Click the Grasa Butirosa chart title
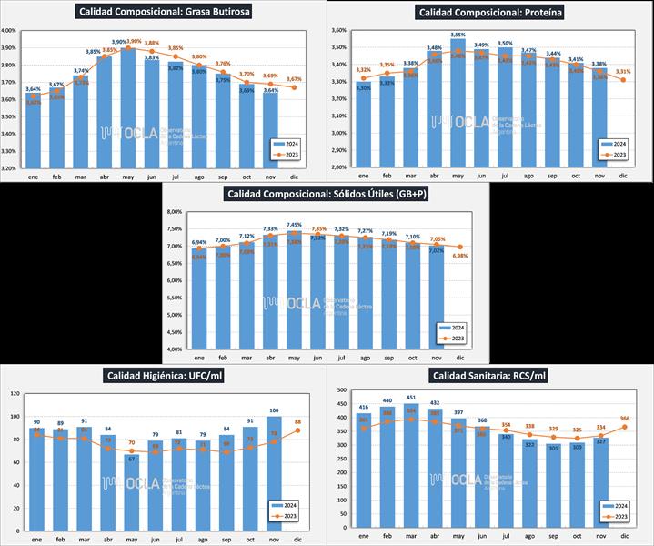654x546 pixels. [165, 12]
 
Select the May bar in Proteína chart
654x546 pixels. [458, 105]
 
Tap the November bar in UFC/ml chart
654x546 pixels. [274, 473]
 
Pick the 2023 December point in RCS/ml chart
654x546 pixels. [625, 427]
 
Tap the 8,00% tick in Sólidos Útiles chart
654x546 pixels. [173, 212]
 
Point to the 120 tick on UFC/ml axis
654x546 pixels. [15, 393]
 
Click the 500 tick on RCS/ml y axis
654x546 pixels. [342, 390]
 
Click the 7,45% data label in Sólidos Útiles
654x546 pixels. [294, 224]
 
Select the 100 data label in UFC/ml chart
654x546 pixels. [274, 410]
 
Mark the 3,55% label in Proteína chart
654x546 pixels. [458, 35]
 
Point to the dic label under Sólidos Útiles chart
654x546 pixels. [460, 357]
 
